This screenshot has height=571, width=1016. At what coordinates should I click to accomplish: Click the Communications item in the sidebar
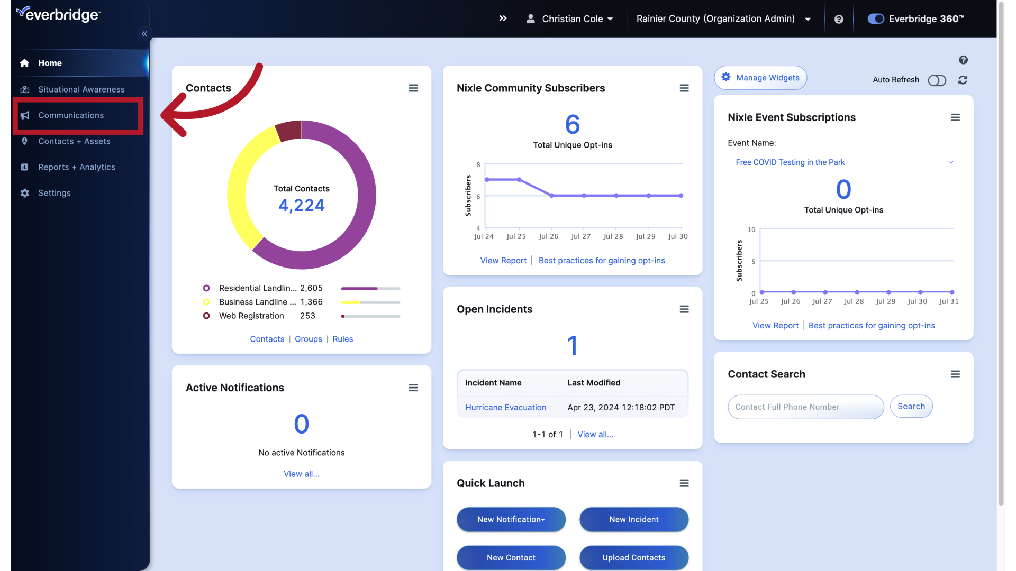pos(71,115)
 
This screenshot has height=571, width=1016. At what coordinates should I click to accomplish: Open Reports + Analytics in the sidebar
pos(76,167)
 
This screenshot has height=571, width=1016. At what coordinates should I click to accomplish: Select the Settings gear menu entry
pos(54,193)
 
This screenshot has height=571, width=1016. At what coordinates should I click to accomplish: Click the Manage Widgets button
pos(760,78)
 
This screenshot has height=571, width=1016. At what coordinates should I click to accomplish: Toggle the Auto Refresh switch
pos(937,80)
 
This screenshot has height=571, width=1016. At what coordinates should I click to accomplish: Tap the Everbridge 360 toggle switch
pos(876,19)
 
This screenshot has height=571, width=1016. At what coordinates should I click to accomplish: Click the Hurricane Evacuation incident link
pos(505,408)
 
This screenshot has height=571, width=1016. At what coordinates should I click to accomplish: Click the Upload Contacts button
pos(633,557)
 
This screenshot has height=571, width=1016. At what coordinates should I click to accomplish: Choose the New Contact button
pos(511,557)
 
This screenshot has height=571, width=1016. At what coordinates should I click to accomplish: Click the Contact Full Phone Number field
pos(805,407)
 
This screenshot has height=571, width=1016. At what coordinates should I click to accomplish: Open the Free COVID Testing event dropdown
pos(843,162)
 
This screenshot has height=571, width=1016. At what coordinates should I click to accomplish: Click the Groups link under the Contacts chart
pos(308,339)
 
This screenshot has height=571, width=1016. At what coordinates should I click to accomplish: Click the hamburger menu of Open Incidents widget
pos(684,309)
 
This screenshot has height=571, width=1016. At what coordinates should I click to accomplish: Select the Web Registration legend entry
pos(251,316)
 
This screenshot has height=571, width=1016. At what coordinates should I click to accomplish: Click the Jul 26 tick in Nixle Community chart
pos(548,236)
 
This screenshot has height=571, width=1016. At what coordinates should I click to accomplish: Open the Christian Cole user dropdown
pos(570,19)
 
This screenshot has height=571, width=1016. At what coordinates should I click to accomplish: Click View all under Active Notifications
pos(301,474)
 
